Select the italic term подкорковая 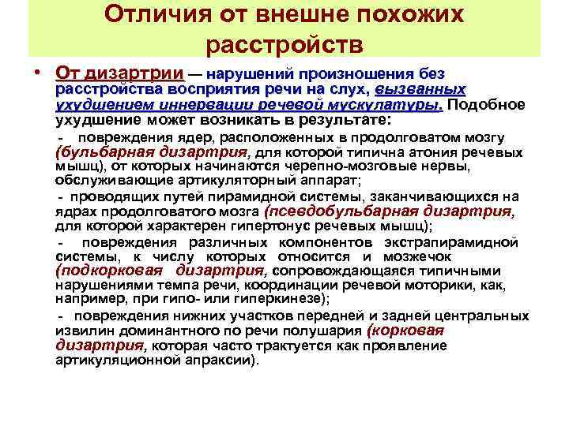point(105,271)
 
